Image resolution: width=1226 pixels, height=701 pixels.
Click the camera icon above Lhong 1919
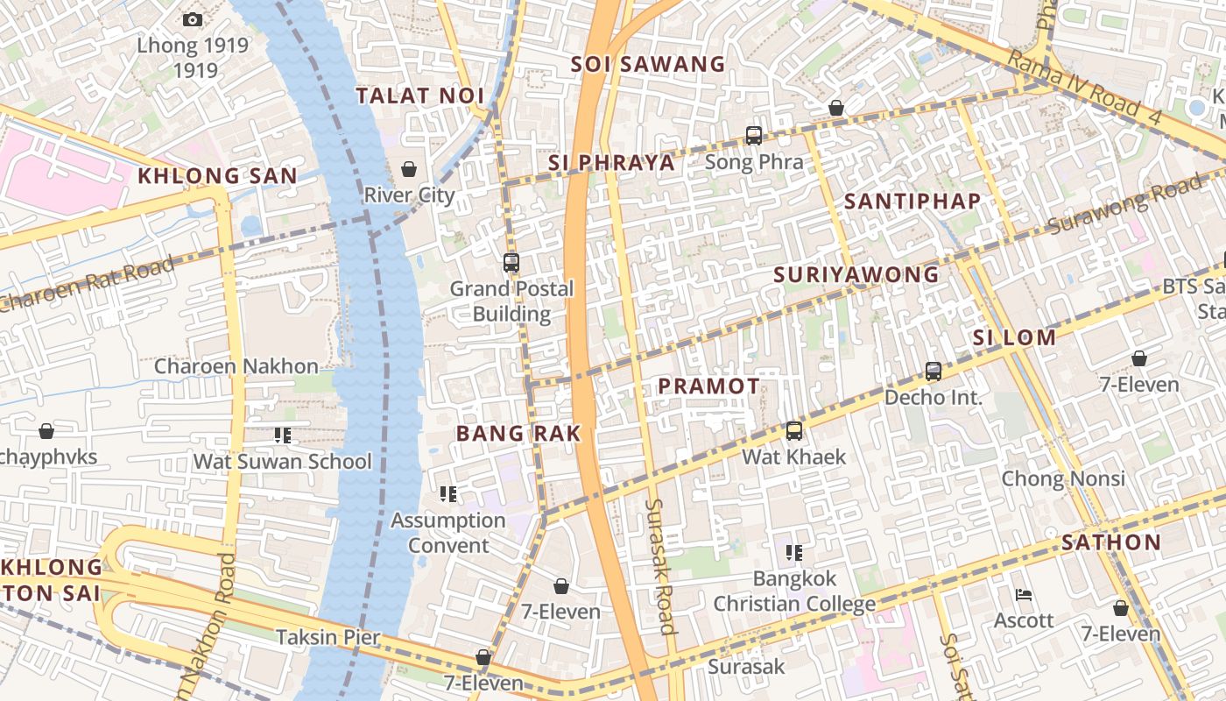coord(193,19)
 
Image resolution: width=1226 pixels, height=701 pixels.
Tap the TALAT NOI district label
coord(420,96)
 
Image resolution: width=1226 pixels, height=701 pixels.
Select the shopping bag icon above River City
coord(408,168)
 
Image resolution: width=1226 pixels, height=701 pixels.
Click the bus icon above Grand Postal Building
coord(511,262)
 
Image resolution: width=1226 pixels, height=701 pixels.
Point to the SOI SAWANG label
coord(648,64)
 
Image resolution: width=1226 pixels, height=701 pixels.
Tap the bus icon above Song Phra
coord(754,136)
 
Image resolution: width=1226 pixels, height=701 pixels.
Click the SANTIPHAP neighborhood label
coord(912,201)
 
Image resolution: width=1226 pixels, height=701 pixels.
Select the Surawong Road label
coord(1124,205)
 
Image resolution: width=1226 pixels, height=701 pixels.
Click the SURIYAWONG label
coord(856,274)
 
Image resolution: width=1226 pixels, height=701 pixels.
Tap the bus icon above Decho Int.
coord(934,372)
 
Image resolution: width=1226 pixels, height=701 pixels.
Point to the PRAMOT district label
coord(708,386)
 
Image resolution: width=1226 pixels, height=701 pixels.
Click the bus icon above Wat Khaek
coord(794,431)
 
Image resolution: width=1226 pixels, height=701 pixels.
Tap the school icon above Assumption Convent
coord(448,494)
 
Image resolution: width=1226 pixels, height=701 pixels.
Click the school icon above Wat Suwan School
coord(282,435)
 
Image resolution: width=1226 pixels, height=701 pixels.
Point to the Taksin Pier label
coord(328,637)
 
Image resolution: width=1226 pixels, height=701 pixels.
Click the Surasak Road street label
coord(660,566)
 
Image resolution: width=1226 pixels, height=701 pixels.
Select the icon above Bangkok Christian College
coord(794,553)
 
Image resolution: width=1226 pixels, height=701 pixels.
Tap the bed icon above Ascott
coord(1024,595)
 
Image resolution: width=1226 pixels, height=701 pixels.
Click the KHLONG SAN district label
coord(217,175)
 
